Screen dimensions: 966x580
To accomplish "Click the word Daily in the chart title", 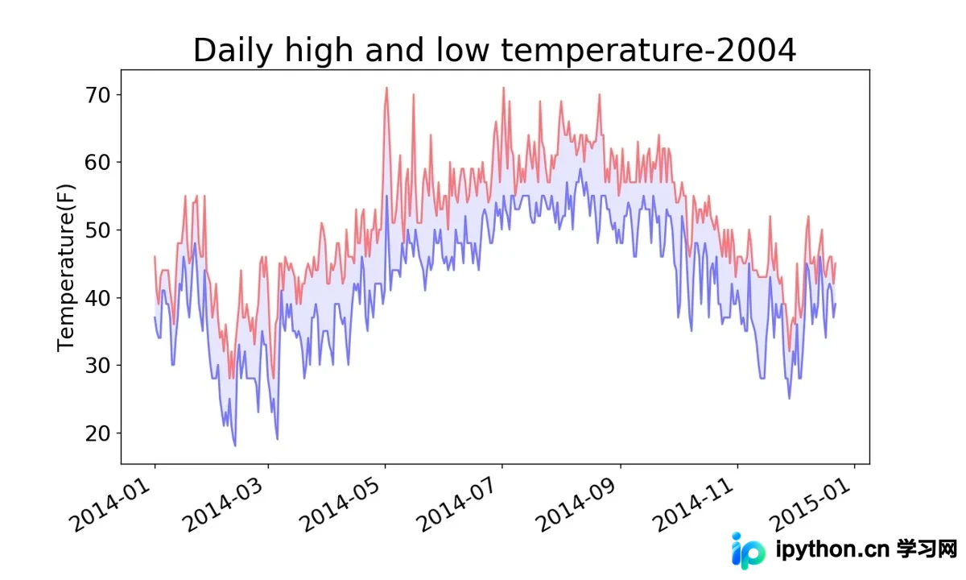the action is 233,52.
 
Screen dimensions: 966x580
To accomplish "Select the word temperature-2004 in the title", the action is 648,51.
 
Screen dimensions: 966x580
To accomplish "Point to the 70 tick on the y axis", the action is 98,95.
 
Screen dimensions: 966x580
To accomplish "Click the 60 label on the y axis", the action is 98,163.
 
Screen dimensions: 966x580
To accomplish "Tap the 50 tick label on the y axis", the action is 98,230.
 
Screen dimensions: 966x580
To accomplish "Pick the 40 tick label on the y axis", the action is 98,298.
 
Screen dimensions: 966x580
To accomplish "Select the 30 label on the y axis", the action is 98,366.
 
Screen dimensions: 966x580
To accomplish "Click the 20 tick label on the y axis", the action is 98,433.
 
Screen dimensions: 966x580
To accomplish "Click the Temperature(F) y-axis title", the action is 65,267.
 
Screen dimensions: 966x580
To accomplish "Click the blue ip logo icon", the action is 748,551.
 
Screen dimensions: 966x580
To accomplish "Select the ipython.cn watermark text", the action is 832,550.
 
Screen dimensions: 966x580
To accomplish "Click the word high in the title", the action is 319,52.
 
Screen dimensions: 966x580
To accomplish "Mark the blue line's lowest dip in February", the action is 235,445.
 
